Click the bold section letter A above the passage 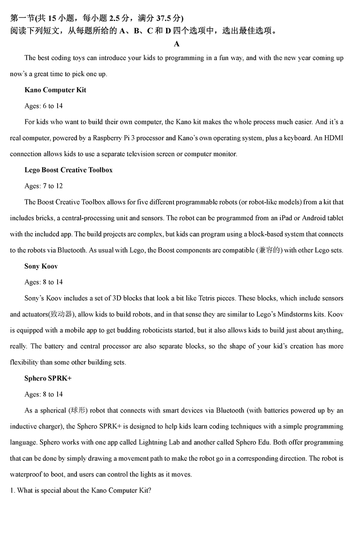(176, 44)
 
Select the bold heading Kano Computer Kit (55, 90)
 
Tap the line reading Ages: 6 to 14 (44, 106)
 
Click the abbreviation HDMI (333, 138)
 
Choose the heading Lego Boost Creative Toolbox (68, 170)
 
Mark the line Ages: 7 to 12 (44, 186)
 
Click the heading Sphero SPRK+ (48, 378)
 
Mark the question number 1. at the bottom (13, 491)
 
